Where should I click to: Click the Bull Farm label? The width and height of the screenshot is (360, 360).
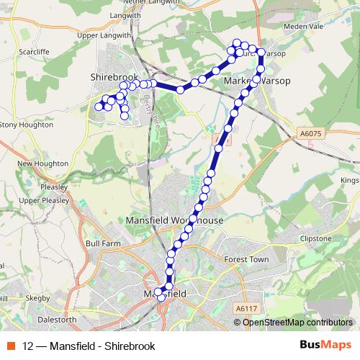tap(102, 244)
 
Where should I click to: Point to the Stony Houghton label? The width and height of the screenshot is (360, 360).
tap(27, 125)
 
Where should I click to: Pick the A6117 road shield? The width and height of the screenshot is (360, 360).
tap(246, 308)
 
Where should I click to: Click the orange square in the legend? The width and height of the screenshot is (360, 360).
tap(12, 346)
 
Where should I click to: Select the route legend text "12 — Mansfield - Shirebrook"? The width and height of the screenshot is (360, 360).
tap(89, 346)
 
